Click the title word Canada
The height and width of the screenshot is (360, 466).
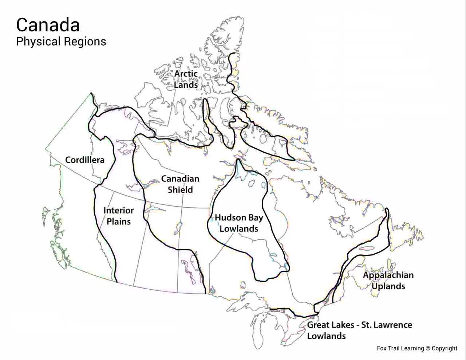tap(48, 25)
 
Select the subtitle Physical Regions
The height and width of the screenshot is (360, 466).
tap(61, 42)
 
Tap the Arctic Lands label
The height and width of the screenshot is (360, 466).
tap(186, 79)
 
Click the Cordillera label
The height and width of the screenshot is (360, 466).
tap(84, 160)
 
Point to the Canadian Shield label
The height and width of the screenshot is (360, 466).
tap(180, 184)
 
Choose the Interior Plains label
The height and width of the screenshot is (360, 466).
tap(118, 216)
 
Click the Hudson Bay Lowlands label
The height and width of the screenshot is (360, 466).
tap(239, 223)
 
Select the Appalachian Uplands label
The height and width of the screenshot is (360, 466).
tap(388, 281)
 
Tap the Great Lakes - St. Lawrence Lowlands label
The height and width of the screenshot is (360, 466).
tap(359, 330)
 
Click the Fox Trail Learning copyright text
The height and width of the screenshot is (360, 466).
tap(417, 348)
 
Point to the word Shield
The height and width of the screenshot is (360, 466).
tap(180, 190)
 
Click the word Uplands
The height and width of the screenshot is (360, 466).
tap(388, 286)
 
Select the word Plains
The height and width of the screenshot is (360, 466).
tap(118, 222)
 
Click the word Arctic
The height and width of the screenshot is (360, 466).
tap(186, 74)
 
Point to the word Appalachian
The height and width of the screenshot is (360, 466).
tap(388, 275)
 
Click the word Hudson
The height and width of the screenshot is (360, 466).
tap(230, 218)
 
